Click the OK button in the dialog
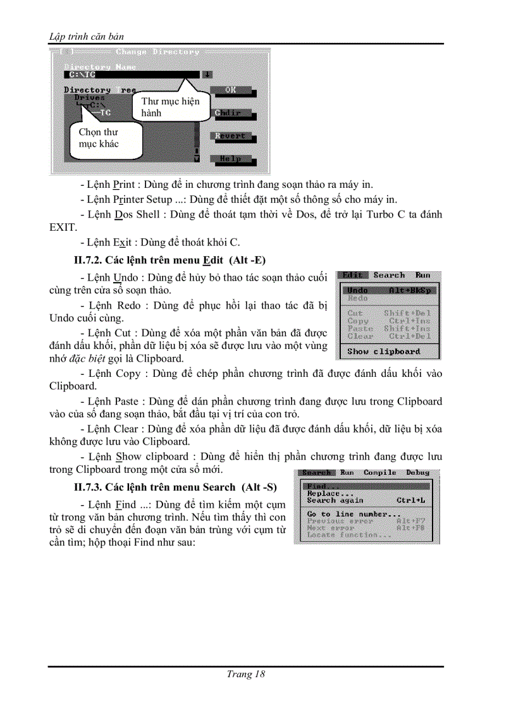pos(230,90)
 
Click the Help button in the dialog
pos(230,159)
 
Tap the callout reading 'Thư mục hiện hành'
pos(169,107)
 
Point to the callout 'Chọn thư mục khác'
pos(98,138)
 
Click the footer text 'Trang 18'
pos(245,674)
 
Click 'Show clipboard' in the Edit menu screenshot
pos(383,352)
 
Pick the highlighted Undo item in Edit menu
pos(388,290)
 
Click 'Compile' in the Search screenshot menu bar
pos(379,472)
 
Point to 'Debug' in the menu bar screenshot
pos(417,472)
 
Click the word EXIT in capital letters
pos(63,227)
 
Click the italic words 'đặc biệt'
pos(88,358)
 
